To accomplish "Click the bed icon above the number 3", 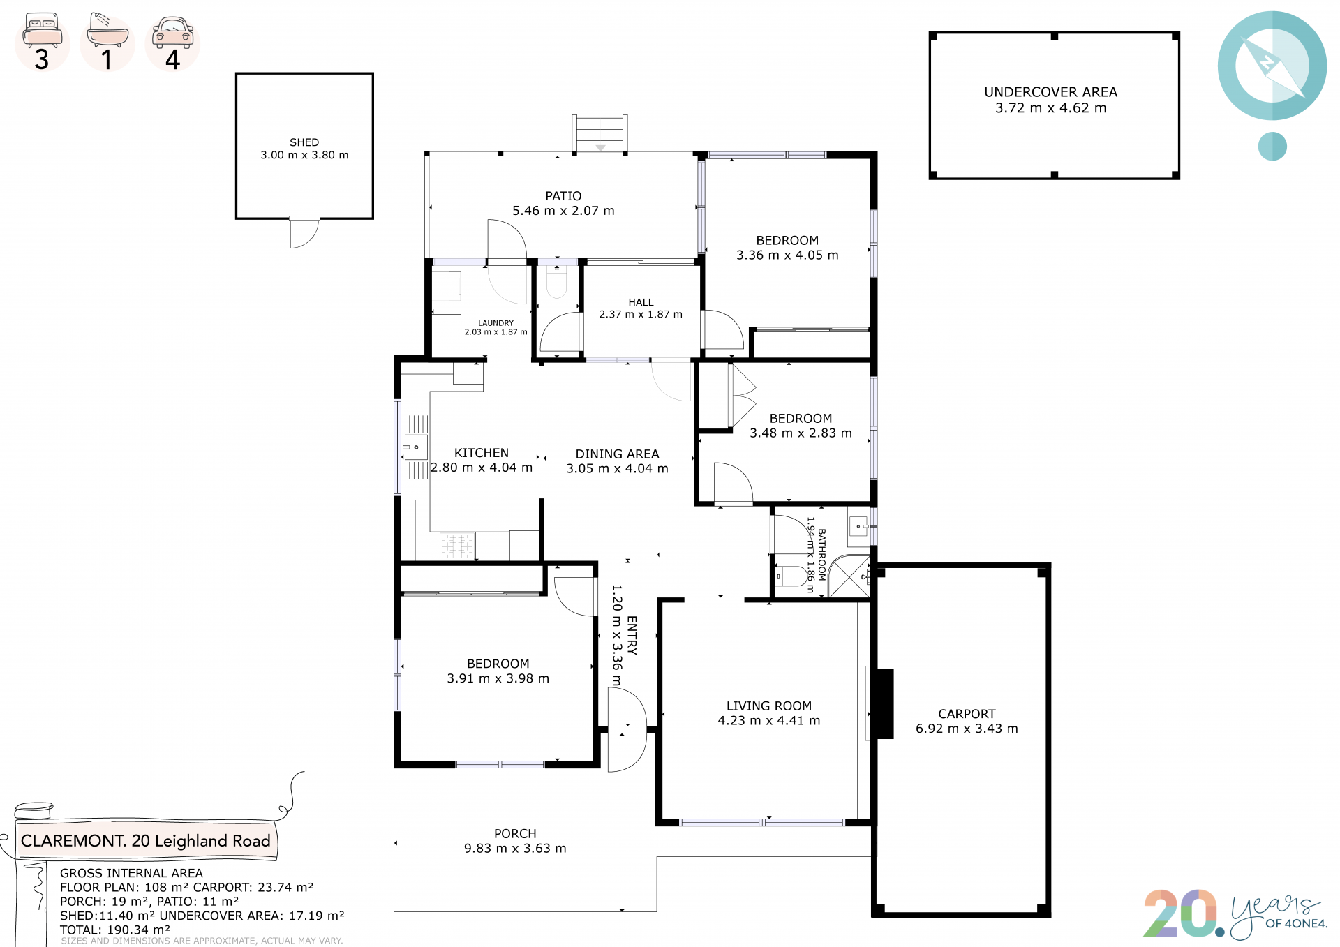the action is [x=42, y=30].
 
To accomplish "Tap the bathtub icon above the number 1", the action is [x=107, y=30].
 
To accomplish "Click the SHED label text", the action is [x=304, y=142].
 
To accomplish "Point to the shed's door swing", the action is [x=305, y=232].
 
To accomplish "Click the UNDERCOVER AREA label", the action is [x=1050, y=92].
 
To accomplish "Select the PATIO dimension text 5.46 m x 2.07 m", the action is [x=563, y=211].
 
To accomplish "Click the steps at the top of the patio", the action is [x=600, y=133].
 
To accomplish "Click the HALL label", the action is [x=641, y=302].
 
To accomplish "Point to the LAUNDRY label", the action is [x=496, y=323].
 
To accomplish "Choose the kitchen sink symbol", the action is [x=416, y=447].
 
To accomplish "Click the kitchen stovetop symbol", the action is [x=457, y=546].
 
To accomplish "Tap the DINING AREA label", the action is [x=617, y=454].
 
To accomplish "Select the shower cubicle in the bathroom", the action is [x=849, y=576].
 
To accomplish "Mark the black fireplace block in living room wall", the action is [x=884, y=703].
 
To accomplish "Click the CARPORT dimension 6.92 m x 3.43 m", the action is [x=967, y=729].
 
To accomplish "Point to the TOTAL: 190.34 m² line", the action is [x=115, y=930].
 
